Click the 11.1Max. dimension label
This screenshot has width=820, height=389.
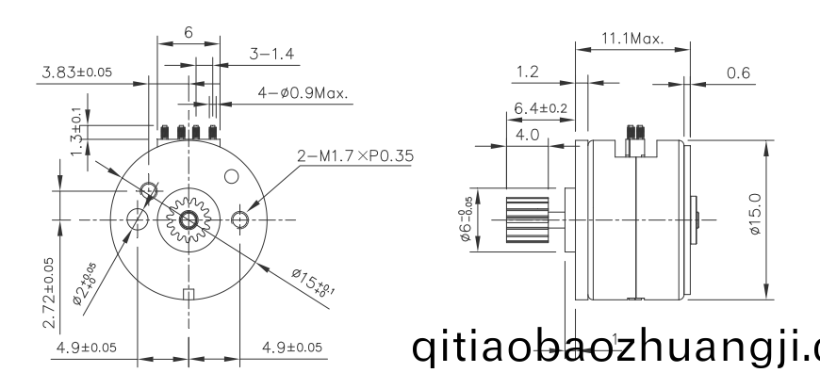coord(632,40)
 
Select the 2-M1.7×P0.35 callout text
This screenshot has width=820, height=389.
coord(355,156)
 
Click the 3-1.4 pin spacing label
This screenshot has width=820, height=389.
coord(271,54)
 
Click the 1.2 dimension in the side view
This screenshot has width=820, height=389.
coord(530,72)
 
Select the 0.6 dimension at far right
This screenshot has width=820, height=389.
coord(739,72)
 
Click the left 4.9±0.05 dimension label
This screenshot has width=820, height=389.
coord(87,348)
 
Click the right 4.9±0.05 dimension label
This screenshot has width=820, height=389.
coord(292,348)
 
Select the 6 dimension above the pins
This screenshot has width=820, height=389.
coord(189,32)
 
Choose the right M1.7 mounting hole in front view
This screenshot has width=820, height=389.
coord(240,220)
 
